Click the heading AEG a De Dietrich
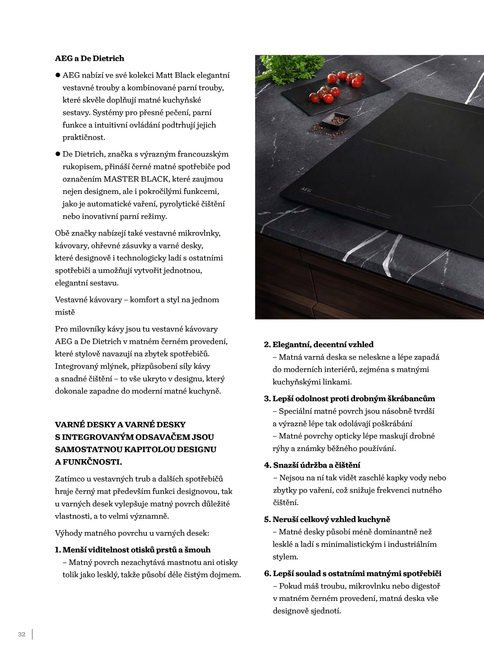(x=89, y=58)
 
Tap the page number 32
(x=22, y=634)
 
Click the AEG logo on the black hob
(x=305, y=190)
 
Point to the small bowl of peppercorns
(x=336, y=120)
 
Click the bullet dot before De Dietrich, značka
(x=58, y=154)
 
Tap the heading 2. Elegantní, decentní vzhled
(x=319, y=344)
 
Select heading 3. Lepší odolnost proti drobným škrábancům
(x=349, y=398)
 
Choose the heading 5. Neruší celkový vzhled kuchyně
(x=327, y=519)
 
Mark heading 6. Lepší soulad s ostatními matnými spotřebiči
(x=353, y=573)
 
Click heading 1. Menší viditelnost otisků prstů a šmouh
(x=132, y=550)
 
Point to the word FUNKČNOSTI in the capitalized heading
(x=92, y=462)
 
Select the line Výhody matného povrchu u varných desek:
(x=132, y=533)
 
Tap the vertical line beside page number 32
(x=32, y=634)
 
